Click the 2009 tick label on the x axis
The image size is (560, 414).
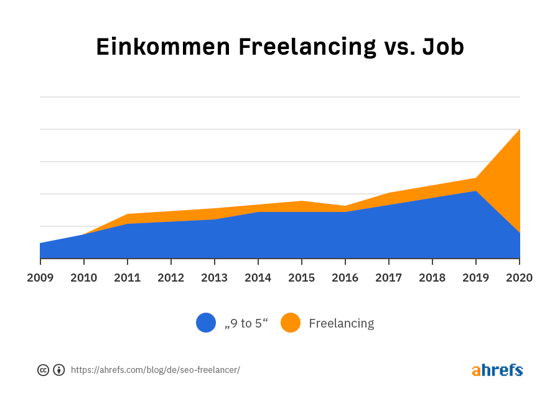40,277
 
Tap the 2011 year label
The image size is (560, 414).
127,277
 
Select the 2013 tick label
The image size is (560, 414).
215,277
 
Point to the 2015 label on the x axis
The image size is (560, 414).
302,277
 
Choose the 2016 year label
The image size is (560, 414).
345,277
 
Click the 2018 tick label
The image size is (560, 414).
432,277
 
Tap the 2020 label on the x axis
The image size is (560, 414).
519,277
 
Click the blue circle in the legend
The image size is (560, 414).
206,323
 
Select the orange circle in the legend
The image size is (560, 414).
291,323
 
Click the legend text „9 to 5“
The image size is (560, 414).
246,323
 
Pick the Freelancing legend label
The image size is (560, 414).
341,323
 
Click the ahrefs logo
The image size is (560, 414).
497,370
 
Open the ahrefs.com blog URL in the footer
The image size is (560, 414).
155,370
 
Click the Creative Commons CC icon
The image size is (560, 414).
43,370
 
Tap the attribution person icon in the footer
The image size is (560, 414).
59,370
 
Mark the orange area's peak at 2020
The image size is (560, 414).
519,130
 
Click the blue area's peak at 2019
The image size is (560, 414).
476,191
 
